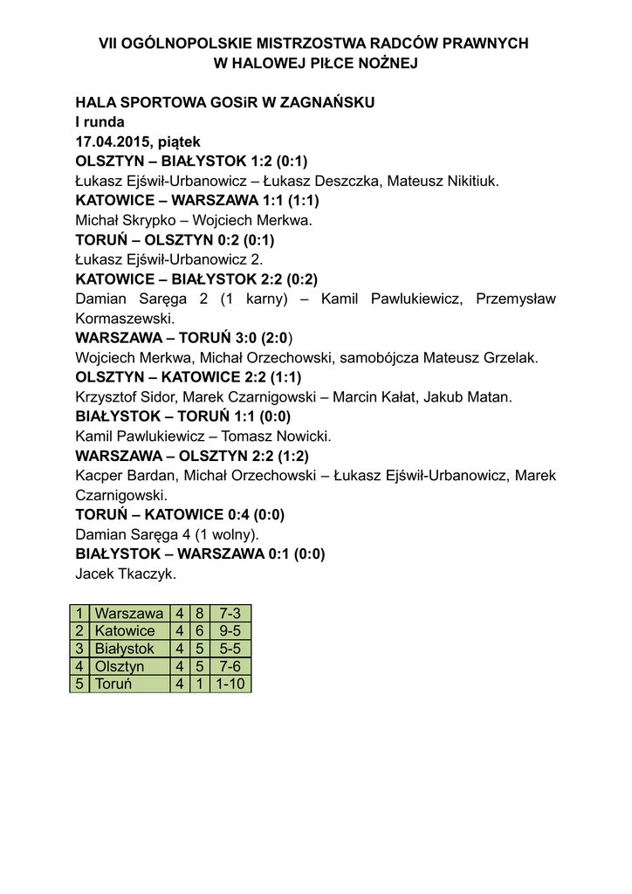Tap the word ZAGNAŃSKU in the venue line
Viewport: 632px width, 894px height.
point(330,102)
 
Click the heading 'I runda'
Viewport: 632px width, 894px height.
point(100,121)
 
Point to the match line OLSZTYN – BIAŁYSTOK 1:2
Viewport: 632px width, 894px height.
point(191,162)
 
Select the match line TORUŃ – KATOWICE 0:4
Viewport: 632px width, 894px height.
point(180,514)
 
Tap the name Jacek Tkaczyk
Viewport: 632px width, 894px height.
point(127,574)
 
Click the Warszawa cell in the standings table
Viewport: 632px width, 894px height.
point(129,614)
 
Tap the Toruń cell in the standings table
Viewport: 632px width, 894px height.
point(113,684)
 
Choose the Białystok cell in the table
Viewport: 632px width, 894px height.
point(125,649)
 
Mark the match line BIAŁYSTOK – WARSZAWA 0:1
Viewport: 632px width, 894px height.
point(200,554)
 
